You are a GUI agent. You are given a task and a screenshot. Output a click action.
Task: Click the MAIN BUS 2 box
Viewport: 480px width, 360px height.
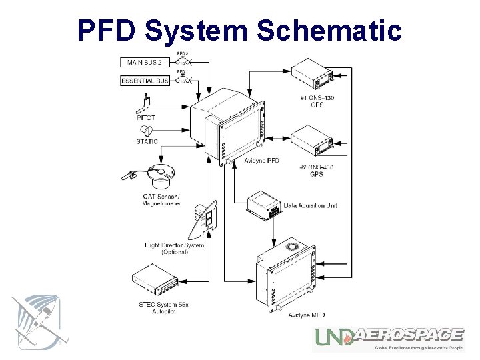point(145,63)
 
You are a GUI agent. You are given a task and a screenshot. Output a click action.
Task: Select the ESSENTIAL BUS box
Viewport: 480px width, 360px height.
point(145,81)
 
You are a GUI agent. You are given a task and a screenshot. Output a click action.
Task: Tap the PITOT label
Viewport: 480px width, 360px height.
point(146,118)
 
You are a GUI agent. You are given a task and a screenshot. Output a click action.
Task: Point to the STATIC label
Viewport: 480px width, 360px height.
point(147,141)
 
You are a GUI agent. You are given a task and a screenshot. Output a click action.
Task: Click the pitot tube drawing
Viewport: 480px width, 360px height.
point(145,103)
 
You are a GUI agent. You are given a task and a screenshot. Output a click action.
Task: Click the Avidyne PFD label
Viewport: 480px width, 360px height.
point(261,161)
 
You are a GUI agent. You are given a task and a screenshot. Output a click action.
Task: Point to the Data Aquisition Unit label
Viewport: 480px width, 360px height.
point(310,205)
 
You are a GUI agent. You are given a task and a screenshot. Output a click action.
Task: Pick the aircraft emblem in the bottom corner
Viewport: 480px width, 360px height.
point(39,321)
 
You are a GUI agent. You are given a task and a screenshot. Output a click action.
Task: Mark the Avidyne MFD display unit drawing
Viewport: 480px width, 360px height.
point(287,277)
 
